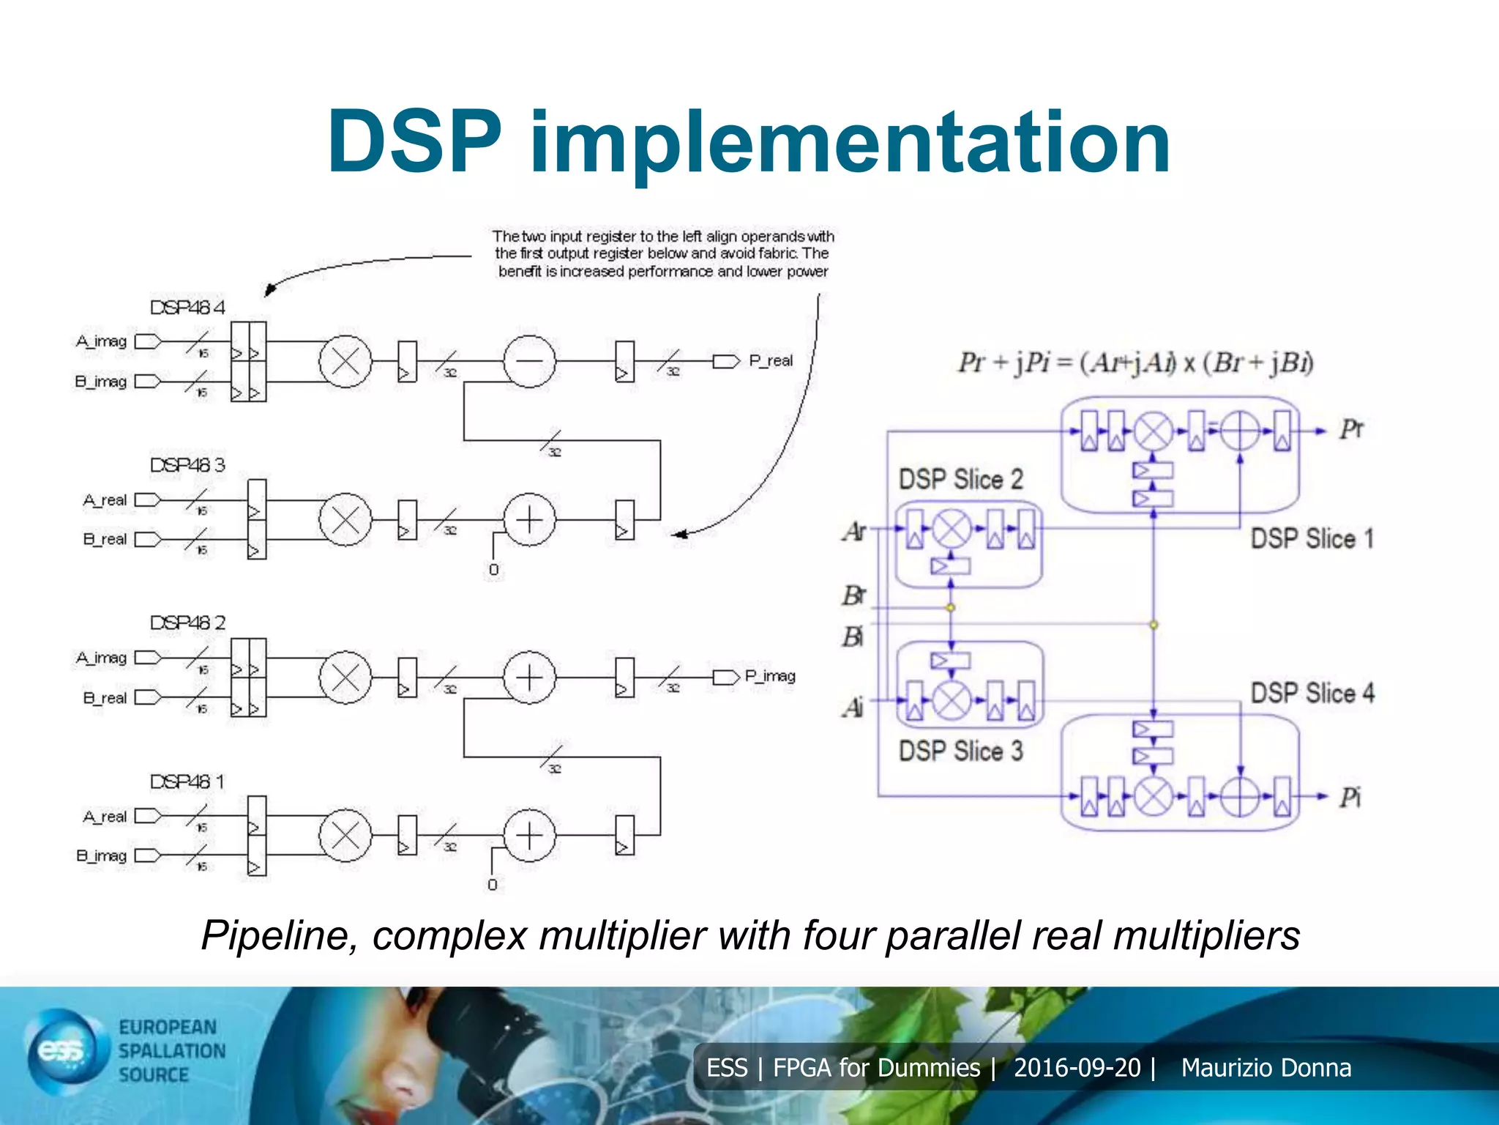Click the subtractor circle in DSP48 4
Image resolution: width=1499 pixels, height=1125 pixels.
pyautogui.click(x=529, y=361)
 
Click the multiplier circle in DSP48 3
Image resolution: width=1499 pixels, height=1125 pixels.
pyautogui.click(x=345, y=520)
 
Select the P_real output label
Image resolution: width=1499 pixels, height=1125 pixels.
pyautogui.click(x=770, y=361)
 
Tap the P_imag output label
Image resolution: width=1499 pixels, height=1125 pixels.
pyautogui.click(x=769, y=676)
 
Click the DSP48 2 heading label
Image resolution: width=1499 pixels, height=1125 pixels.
pyautogui.click(x=188, y=623)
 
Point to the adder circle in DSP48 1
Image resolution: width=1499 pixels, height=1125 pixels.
pyautogui.click(x=529, y=836)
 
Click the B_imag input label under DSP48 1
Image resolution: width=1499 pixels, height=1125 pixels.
pyautogui.click(x=102, y=855)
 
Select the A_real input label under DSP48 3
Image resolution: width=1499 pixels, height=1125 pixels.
pyautogui.click(x=105, y=500)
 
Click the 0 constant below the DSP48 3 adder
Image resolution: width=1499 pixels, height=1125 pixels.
pyautogui.click(x=494, y=569)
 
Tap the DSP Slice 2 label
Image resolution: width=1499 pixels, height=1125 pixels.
pyautogui.click(x=960, y=480)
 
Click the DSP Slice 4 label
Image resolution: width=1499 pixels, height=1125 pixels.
pyautogui.click(x=1312, y=693)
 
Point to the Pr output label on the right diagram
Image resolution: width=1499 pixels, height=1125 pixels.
pyautogui.click(x=1351, y=429)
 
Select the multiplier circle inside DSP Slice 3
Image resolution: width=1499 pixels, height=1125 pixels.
pyautogui.click(x=952, y=701)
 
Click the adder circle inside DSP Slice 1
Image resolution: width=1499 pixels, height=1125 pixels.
pyautogui.click(x=1240, y=431)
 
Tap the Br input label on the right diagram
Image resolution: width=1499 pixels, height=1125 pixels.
pyautogui.click(x=853, y=595)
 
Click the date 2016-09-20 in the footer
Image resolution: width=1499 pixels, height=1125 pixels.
pyautogui.click(x=1077, y=1068)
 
